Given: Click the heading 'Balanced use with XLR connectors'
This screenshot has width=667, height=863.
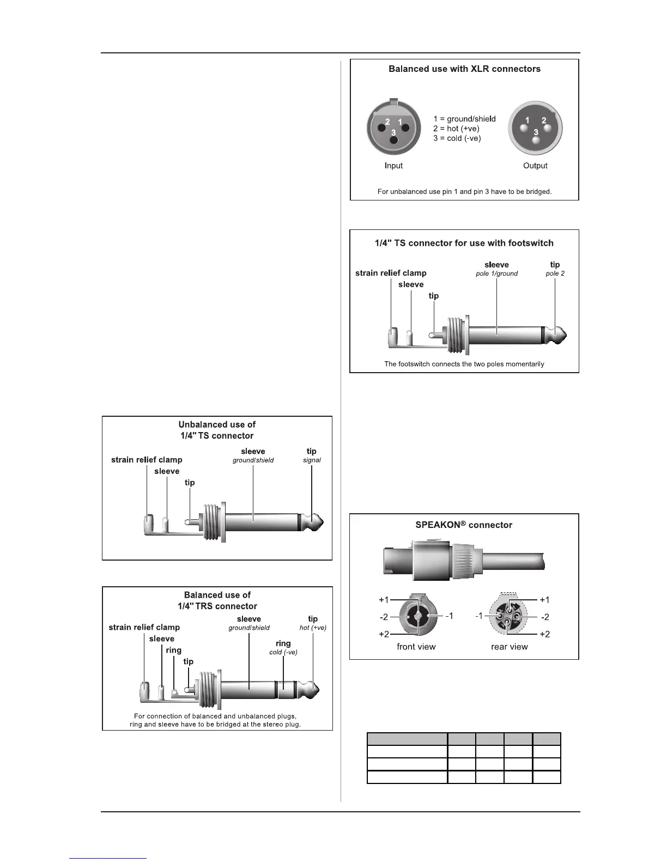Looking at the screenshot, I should (464, 69).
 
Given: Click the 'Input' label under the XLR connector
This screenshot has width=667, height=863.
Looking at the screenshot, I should (393, 166).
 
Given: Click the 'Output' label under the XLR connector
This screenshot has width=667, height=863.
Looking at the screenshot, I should (535, 166).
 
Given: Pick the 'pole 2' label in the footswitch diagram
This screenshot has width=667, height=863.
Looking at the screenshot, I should (555, 274).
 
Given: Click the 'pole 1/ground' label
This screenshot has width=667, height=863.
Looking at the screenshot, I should (496, 274).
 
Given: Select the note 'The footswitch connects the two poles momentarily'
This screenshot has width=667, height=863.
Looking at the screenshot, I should (464, 364).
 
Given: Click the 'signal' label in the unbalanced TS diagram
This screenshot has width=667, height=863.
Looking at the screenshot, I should (312, 460).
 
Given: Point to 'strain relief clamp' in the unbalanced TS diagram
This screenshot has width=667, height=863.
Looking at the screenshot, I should (147, 460).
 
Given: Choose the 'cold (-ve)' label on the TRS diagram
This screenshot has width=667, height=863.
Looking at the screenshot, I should (283, 652).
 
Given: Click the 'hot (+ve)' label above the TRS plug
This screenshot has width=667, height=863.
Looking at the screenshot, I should (313, 628).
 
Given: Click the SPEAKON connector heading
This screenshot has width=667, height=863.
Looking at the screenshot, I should (464, 525).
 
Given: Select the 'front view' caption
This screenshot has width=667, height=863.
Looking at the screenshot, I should (416, 647).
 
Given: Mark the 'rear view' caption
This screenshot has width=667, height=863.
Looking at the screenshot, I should (510, 647).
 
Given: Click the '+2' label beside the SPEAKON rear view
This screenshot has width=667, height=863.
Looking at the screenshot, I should (544, 634).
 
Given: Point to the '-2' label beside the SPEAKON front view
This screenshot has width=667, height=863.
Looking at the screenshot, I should (384, 617).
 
